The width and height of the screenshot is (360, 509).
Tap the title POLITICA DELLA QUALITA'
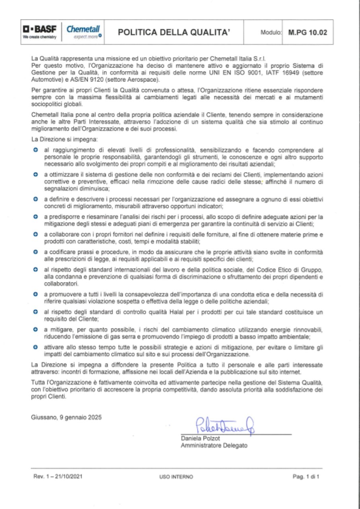point(175,33)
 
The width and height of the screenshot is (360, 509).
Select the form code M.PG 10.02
point(307,33)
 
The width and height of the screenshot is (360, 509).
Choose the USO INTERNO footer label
point(176,476)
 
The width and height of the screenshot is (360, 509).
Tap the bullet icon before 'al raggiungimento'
point(35,150)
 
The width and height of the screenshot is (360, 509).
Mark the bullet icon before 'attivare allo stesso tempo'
point(35,347)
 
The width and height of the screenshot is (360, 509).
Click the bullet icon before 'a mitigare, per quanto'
point(35,330)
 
